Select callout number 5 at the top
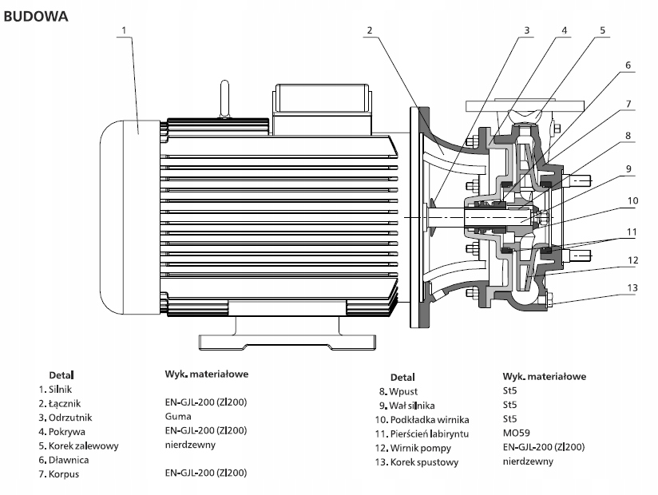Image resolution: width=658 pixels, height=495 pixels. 604,30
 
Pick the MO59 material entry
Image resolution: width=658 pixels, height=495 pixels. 517,433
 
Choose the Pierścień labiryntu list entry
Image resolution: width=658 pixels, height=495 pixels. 429,433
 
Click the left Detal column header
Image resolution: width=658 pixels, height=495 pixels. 61,373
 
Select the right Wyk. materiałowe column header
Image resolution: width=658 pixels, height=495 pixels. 545,375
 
